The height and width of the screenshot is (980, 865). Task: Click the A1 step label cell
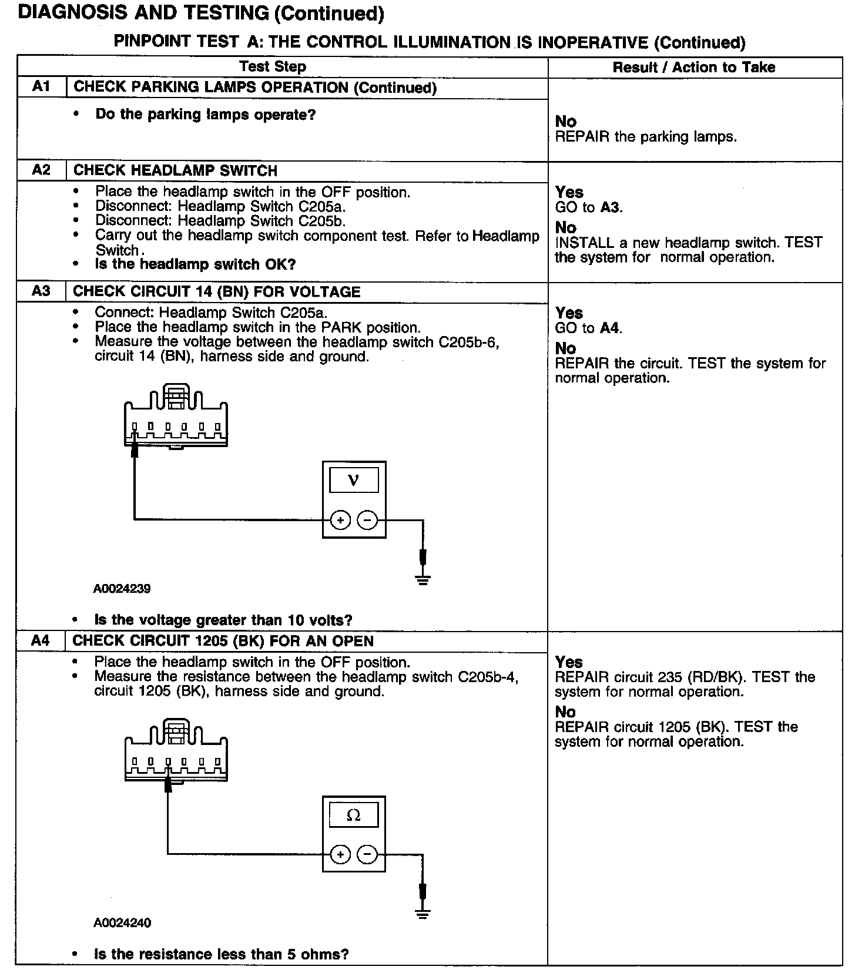(41, 87)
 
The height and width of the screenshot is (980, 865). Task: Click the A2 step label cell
(41, 170)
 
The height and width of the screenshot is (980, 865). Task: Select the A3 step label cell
(41, 291)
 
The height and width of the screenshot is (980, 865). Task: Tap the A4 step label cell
(41, 640)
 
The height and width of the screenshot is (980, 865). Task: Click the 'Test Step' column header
(273, 66)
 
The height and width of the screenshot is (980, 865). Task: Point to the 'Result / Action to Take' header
(694, 68)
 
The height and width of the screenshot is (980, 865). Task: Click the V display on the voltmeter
(354, 480)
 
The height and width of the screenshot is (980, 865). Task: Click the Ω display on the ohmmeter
(354, 815)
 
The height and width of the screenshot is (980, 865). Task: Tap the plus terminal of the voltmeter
(340, 520)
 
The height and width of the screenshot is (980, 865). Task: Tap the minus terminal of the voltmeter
(368, 520)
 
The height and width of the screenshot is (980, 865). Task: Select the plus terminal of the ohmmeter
(340, 854)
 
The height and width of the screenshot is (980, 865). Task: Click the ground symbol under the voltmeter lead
(423, 580)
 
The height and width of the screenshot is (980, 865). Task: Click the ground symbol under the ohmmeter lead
(423, 914)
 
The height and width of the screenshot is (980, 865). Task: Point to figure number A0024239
(122, 588)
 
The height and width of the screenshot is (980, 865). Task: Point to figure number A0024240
(122, 922)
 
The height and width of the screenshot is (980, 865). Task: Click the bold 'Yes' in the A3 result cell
(569, 313)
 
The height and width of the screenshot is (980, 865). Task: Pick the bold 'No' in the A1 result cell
(565, 122)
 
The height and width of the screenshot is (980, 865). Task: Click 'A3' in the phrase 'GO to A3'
(610, 207)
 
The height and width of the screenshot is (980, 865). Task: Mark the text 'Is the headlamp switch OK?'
(195, 264)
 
